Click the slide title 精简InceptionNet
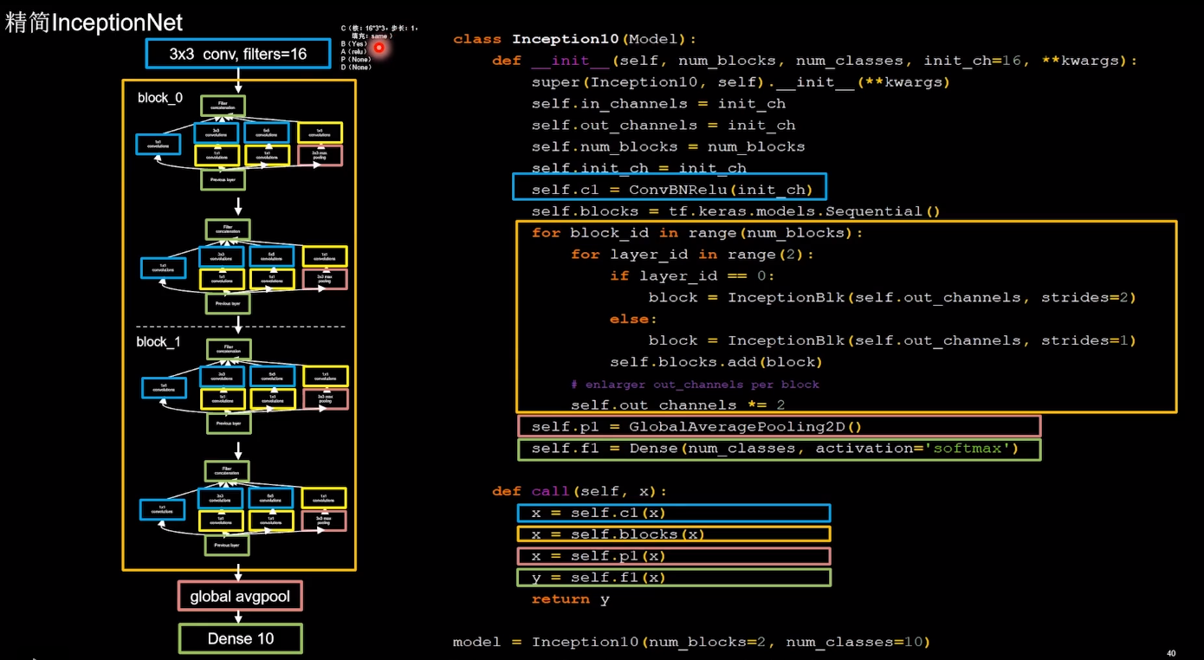94,23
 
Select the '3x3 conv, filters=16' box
238,54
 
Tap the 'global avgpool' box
241,596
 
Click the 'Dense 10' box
241,638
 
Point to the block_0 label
160,98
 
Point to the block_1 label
159,342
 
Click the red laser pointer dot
379,48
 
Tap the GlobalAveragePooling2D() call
745,426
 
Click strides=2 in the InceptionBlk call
1088,297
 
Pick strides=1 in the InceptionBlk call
1088,340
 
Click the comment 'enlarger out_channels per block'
695,384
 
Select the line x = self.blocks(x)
618,534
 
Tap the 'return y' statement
570,599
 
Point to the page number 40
1171,653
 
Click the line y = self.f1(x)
599,577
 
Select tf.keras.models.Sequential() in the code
804,211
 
